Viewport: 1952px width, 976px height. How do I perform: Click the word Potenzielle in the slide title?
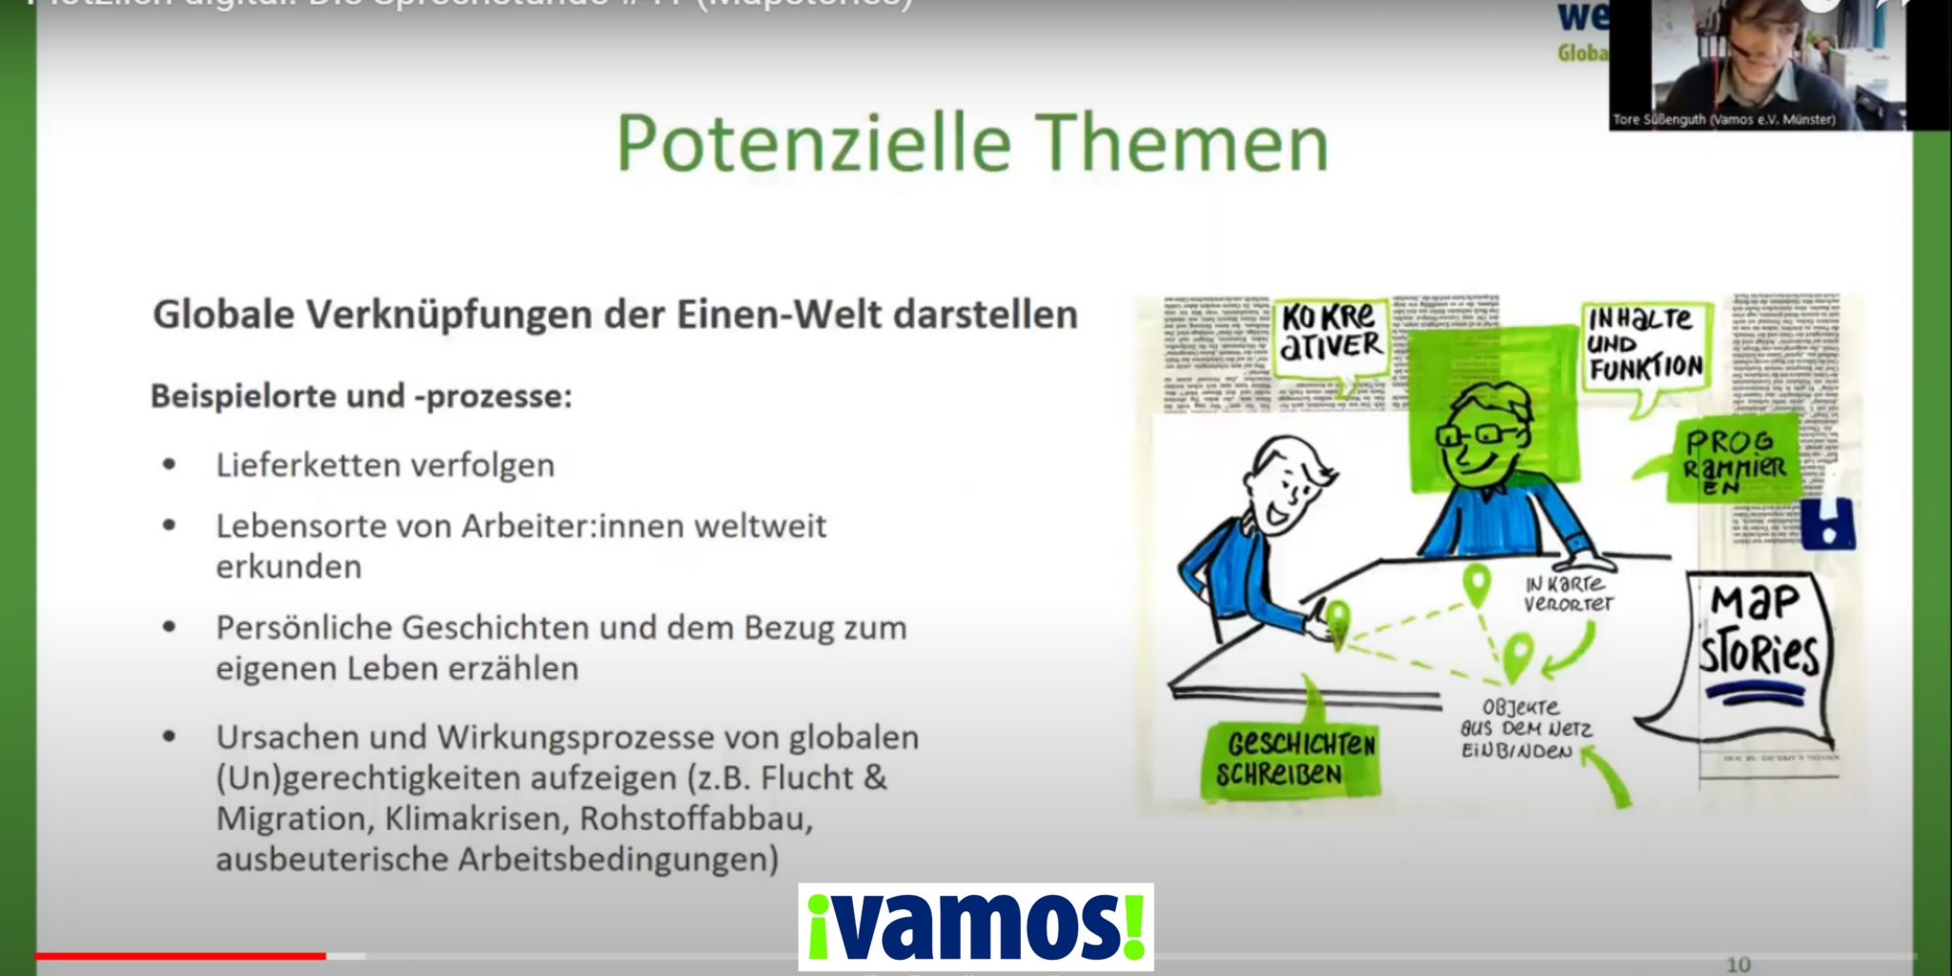click(x=813, y=144)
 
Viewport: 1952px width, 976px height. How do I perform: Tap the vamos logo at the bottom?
click(x=976, y=926)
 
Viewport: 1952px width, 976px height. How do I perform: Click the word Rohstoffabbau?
click(x=696, y=819)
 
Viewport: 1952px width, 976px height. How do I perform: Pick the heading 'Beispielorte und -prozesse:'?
click(x=361, y=396)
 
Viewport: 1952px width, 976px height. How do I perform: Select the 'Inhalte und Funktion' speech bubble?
click(x=1644, y=345)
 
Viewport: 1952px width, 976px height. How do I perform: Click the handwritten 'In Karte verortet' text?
click(x=1568, y=594)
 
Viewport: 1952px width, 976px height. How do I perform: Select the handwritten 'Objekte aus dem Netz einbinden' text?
click(x=1525, y=729)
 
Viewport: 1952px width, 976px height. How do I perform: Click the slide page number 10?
click(x=1738, y=965)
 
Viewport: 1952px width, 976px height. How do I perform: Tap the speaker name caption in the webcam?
click(x=1723, y=120)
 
